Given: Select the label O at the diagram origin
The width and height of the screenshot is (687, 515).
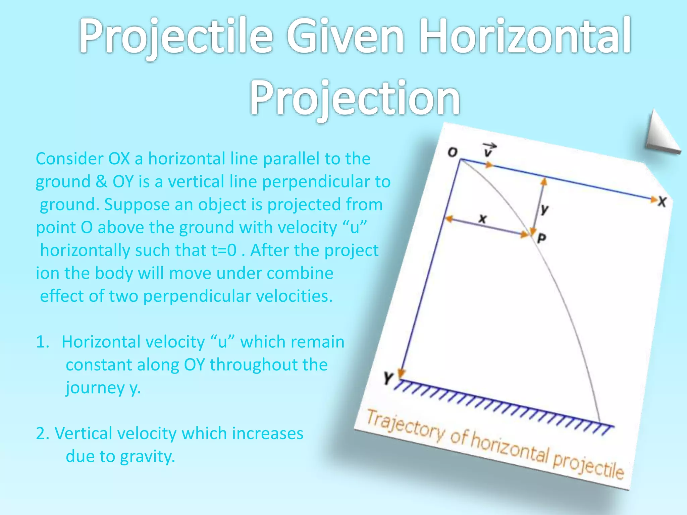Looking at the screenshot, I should (453, 153).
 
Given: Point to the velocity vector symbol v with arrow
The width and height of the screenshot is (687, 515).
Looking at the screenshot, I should (489, 150).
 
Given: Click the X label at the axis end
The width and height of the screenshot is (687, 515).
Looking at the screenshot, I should (662, 202).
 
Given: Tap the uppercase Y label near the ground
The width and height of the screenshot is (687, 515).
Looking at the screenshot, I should (388, 378).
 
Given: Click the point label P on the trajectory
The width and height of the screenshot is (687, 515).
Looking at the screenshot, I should (541, 238).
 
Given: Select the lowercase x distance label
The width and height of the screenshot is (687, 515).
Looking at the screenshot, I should (482, 219).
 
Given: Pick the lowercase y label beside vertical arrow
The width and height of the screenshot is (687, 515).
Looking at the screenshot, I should (544, 209).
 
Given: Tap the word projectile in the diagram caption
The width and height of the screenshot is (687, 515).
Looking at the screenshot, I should (588, 464).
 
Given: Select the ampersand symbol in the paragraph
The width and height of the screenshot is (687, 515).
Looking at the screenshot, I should (101, 181).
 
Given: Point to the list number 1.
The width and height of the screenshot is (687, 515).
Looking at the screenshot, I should (43, 342).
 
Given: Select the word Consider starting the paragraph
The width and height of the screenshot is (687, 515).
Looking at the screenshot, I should (69, 159).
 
